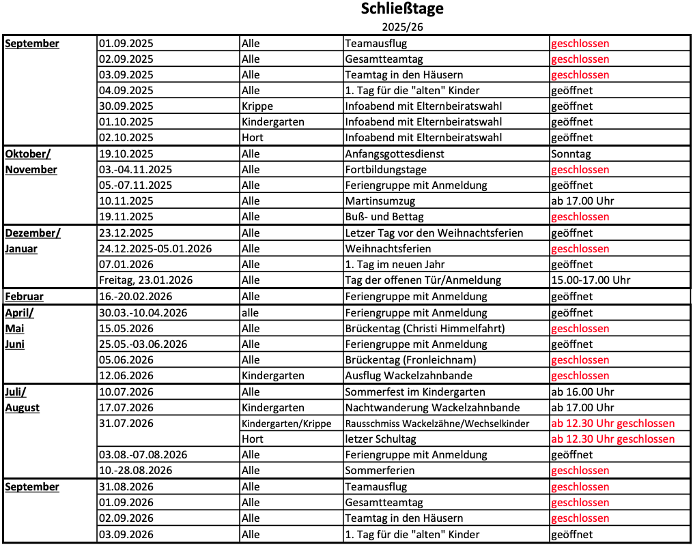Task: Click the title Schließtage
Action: coord(401,9)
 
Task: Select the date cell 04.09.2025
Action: coord(126,90)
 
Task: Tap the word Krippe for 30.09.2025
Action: coord(257,106)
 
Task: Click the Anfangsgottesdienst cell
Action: coord(395,153)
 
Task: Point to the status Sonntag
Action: coord(571,153)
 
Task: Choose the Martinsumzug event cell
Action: coord(380,201)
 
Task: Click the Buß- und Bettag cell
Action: coord(384,216)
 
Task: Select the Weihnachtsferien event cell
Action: coord(388,248)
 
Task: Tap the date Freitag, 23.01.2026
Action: coord(146,280)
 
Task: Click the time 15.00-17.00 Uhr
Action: coord(591,280)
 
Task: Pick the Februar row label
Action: coord(25,296)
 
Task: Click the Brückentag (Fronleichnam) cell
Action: coord(410,359)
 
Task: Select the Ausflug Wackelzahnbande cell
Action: coord(408,375)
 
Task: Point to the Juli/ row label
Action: coord(16,392)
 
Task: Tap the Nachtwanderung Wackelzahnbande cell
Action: coord(432,407)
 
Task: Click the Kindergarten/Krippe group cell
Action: coord(287,424)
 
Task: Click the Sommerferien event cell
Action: coord(380,470)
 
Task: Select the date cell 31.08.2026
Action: coord(126,486)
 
